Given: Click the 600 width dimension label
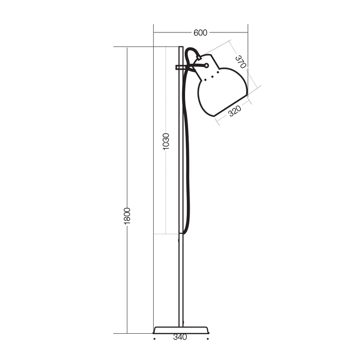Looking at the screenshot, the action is point(200,32).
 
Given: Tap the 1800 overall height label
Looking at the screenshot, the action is point(127,216).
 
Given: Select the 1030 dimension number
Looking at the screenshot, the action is point(166,141).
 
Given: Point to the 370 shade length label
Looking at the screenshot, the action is point(241,62).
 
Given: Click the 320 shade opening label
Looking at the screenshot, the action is point(235,111).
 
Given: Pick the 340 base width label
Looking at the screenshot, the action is point(180,337).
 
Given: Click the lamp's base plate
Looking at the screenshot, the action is point(181,330).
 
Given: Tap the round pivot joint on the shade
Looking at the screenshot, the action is point(206,66).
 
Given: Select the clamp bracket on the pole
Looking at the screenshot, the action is point(180,67).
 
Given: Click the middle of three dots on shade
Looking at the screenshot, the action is point(212,77).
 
